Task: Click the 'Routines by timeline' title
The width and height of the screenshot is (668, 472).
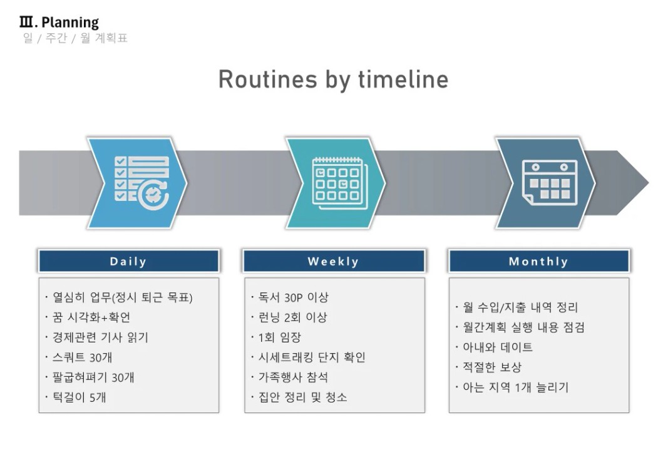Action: [x=333, y=80]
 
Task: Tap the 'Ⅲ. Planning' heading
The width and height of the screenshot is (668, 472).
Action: [x=59, y=22]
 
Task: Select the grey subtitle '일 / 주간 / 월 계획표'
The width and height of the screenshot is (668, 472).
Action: [x=75, y=38]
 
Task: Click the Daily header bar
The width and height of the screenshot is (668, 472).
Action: [x=129, y=261]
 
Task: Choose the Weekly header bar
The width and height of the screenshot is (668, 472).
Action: [x=334, y=261]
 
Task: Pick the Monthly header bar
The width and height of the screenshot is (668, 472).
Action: [x=539, y=261]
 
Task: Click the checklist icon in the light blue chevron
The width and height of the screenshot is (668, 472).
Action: [x=142, y=183]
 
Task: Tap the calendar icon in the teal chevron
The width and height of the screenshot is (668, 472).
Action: [x=339, y=183]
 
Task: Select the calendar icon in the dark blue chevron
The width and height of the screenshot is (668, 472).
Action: [x=550, y=182]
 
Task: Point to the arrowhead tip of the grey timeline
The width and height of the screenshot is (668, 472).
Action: [x=649, y=183]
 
